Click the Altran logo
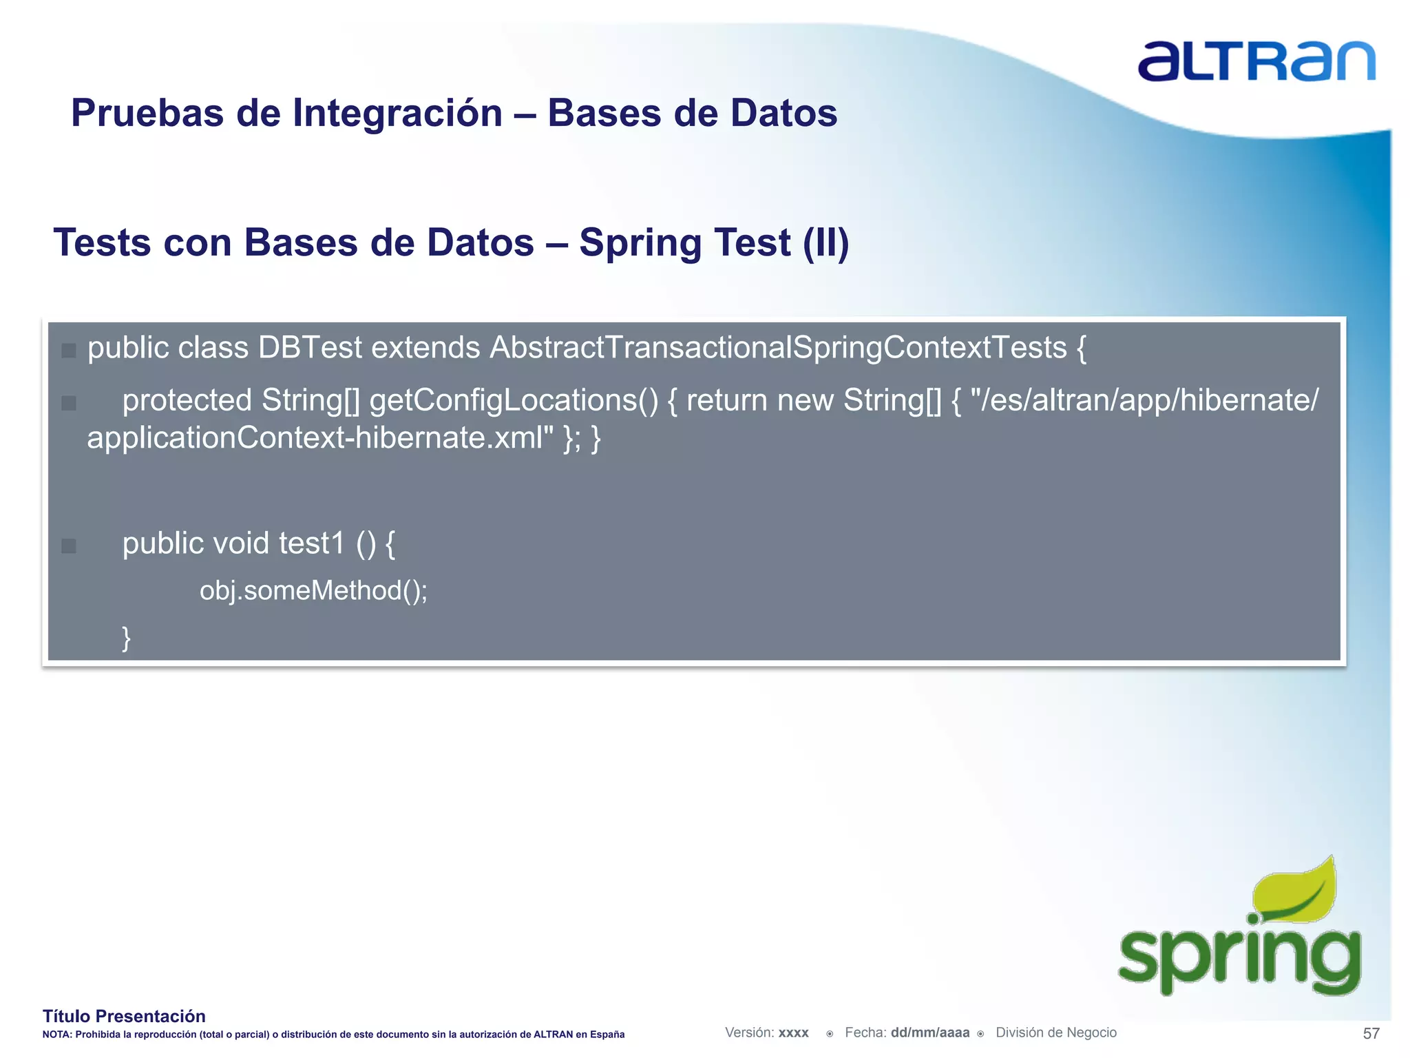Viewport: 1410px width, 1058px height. coord(1256,62)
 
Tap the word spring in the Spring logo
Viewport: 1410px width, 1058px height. coord(1239,957)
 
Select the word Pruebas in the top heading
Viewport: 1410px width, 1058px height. coord(147,114)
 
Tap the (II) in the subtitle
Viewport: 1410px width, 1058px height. coord(825,243)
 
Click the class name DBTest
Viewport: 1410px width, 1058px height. coord(310,348)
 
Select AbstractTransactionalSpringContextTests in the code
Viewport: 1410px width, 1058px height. coord(778,348)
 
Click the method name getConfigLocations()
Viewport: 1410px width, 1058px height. coord(514,401)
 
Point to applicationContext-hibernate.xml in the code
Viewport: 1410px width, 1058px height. coord(319,438)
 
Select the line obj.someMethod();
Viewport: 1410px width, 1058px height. coord(313,591)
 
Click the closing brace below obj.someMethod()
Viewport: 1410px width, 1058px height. coord(126,638)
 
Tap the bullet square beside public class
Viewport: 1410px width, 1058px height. coord(68,351)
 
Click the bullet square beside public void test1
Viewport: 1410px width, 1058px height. coord(68,546)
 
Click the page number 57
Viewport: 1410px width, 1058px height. coord(1371,1033)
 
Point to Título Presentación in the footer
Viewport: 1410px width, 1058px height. coord(124,1016)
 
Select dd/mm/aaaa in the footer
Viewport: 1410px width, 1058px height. coord(929,1033)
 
